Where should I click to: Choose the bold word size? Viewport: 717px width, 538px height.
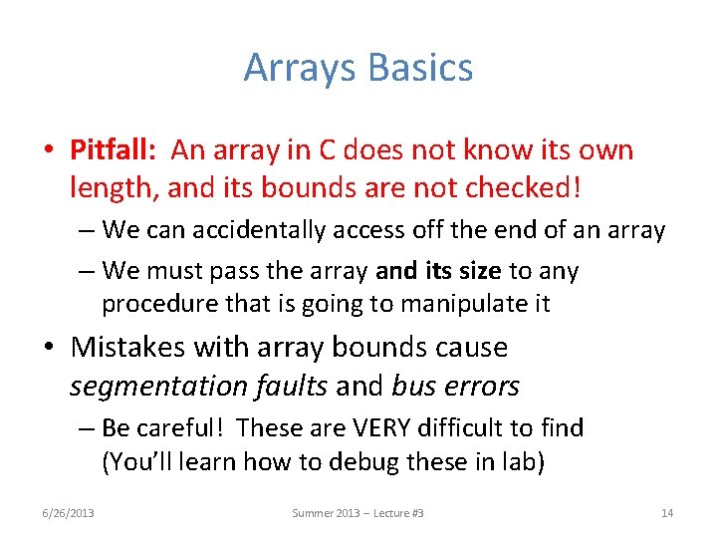tap(482, 271)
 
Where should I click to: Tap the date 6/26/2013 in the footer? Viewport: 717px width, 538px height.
tap(68, 513)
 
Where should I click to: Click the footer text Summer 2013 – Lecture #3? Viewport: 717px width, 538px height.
tap(358, 513)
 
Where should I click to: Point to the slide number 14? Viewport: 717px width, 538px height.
tap(666, 513)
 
